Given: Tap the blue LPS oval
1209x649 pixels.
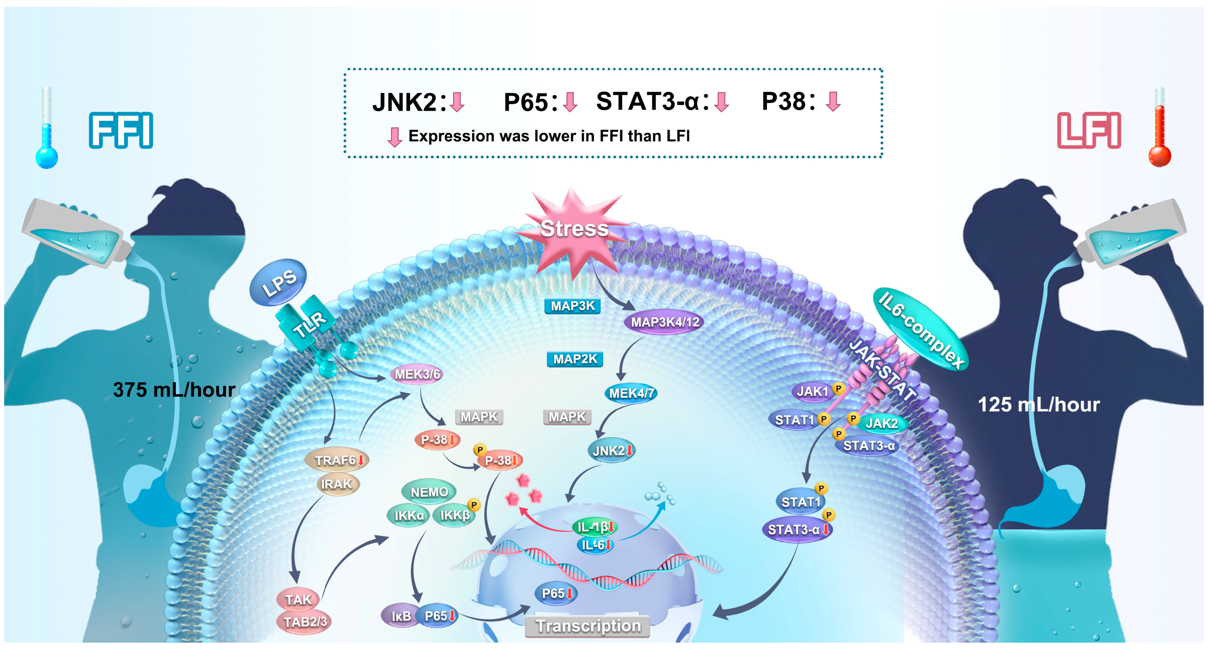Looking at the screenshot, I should [278, 283].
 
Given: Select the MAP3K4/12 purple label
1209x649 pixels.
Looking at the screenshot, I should [664, 322].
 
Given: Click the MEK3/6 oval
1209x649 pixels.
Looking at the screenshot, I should [417, 374].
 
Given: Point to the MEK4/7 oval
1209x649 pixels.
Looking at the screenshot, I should [631, 393].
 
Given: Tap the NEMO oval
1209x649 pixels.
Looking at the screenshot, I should [428, 492].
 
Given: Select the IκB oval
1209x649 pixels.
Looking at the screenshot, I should [400, 616].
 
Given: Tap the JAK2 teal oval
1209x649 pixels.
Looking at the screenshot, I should [881, 423].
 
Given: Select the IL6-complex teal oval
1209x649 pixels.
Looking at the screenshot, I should [920, 329].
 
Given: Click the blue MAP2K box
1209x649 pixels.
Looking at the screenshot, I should [575, 359].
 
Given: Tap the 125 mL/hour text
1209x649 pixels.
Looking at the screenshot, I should [1038, 405].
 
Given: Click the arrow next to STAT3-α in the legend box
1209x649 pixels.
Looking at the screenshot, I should [721, 102].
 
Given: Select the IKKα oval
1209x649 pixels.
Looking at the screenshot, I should [408, 516].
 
